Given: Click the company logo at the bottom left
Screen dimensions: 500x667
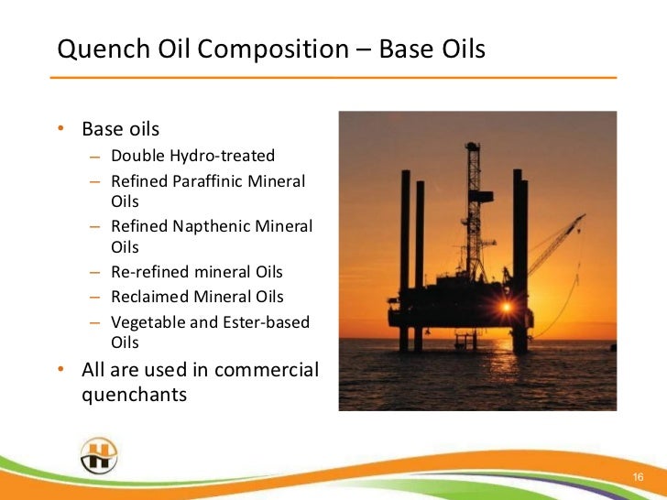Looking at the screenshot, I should coord(98,455).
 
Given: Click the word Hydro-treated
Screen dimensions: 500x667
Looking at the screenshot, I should coord(224,156).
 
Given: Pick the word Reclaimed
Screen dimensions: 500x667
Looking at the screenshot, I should coord(149,297).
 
